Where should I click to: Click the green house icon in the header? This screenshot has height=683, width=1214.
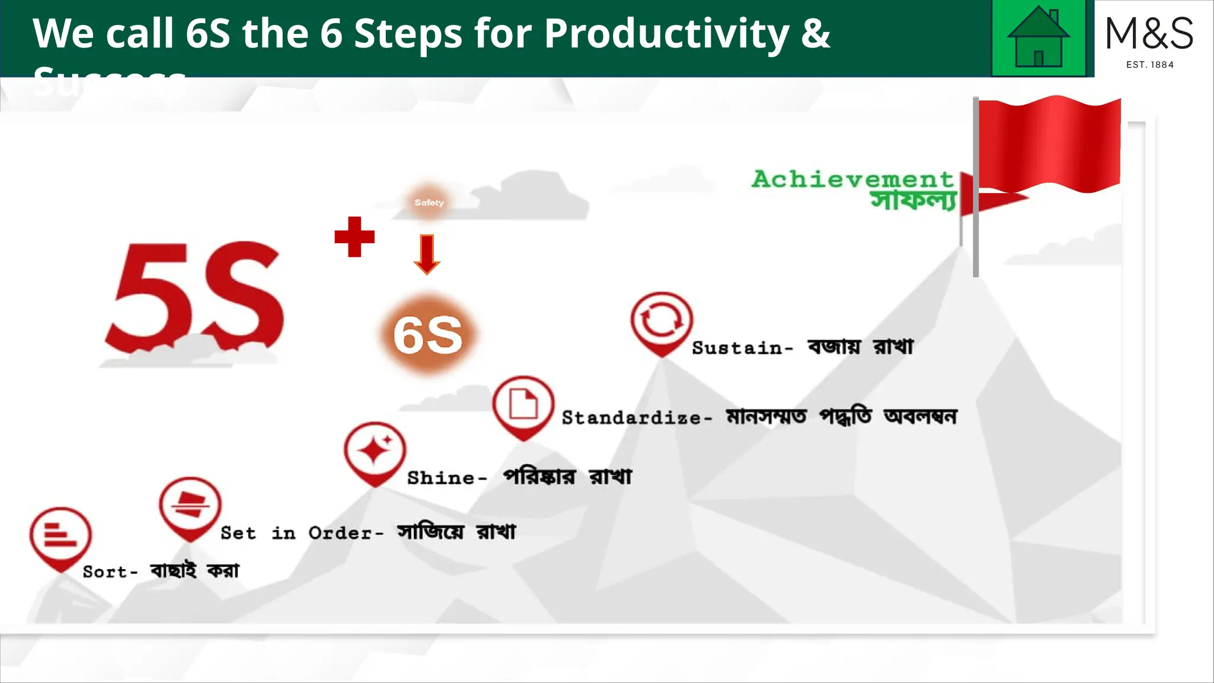(1039, 38)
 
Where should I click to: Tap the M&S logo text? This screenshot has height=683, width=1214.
(1149, 33)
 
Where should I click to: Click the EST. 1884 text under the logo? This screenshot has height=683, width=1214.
(1150, 65)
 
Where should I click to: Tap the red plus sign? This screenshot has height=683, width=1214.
(354, 237)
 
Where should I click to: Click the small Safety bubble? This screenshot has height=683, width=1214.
(429, 202)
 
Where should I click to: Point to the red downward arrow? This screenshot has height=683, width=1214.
(427, 254)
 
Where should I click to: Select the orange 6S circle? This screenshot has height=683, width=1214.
(428, 335)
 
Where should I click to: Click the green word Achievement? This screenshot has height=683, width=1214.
(852, 179)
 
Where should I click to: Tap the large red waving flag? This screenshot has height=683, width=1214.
(1049, 145)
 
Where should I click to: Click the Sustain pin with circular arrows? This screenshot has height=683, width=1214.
(662, 322)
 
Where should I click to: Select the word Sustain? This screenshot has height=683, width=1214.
(737, 348)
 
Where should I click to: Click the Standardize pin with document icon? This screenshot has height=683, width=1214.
(523, 406)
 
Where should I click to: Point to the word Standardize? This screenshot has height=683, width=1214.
(632, 418)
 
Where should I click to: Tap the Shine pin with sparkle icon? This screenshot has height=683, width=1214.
(375, 452)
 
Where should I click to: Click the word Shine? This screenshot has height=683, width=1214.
(441, 478)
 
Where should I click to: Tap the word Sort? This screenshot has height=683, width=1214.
(105, 572)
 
